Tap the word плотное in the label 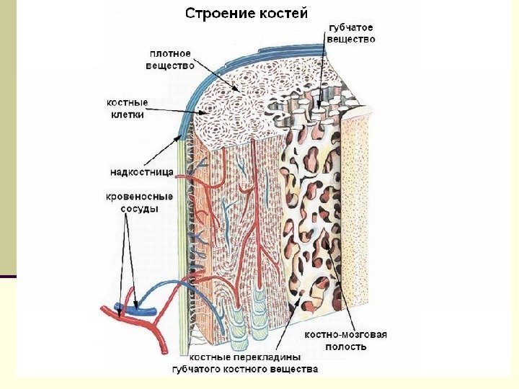170,53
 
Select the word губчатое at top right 351,27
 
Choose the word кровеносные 139,196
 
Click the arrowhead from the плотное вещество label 239,91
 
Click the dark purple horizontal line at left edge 7,277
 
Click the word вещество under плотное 170,66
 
